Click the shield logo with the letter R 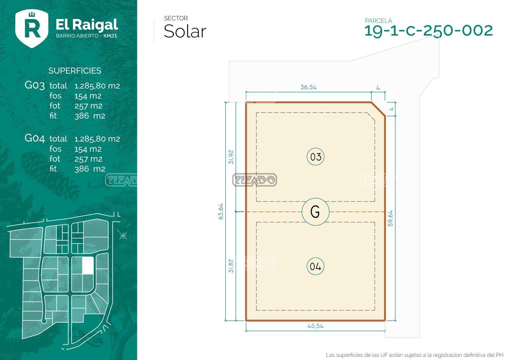(x=32, y=29)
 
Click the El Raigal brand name (x=87, y=25)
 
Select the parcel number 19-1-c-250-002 (x=429, y=31)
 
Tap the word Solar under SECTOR (x=185, y=31)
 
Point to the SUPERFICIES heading (x=75, y=71)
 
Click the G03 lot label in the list (x=35, y=86)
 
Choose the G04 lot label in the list (x=35, y=138)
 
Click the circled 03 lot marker (x=315, y=157)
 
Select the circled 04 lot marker (x=315, y=266)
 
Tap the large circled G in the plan (x=315, y=212)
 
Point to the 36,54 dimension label (x=308, y=87)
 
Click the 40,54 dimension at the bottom (x=315, y=326)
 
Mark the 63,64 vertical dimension (x=221, y=211)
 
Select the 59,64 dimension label (x=390, y=218)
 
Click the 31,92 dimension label (x=231, y=157)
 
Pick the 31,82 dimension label (x=231, y=266)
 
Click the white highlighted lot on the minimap (x=88, y=265)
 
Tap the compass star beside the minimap (x=123, y=235)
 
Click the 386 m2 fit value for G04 (x=90, y=169)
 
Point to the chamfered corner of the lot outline (x=378, y=109)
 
